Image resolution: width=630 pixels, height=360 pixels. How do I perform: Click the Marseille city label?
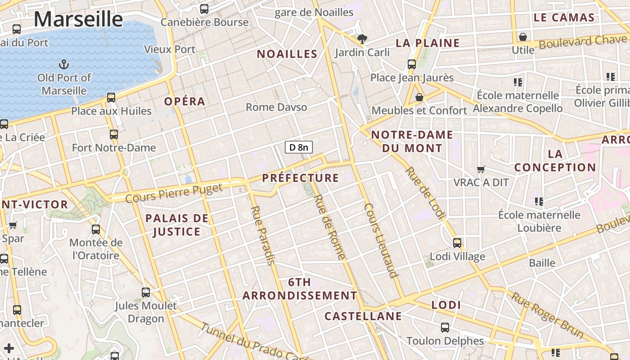78,19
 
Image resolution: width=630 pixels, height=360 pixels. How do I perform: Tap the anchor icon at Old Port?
64,64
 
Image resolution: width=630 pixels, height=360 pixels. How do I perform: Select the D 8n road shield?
299,147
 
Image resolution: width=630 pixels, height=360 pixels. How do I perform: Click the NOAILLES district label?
287,54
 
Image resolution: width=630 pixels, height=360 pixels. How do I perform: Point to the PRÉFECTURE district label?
301,178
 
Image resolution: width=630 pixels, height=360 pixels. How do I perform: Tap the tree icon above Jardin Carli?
362,39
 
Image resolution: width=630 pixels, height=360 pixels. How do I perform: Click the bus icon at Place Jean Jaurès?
412,64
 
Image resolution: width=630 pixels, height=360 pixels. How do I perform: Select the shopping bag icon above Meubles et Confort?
419,97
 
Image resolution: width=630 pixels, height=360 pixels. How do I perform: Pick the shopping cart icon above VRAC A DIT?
481,170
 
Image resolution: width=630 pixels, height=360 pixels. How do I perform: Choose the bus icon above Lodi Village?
457,243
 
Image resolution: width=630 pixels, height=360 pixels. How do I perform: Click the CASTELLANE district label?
363,316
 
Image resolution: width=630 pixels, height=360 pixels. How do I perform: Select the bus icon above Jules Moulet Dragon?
146,292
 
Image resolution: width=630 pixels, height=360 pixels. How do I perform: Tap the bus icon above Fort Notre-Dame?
114,134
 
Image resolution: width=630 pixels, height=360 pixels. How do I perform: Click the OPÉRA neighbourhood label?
184,101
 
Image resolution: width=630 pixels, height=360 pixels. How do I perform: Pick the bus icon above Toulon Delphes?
445,328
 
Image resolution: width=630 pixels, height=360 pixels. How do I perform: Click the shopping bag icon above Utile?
523,36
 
